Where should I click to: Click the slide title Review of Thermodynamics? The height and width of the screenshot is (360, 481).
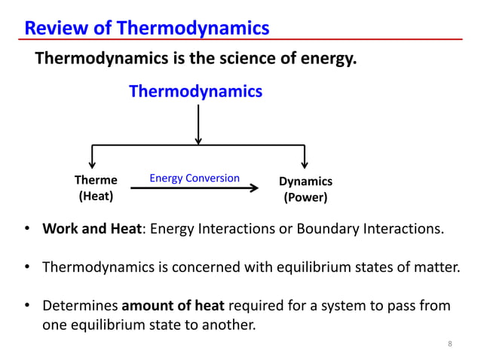coord(147,28)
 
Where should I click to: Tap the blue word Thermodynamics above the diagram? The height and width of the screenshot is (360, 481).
coord(196,91)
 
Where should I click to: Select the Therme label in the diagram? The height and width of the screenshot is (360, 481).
coord(96,181)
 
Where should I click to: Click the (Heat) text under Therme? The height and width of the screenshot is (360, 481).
coord(96,197)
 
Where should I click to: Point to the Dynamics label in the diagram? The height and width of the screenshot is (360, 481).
coord(305,182)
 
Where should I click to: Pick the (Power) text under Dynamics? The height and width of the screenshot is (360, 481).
coord(305,199)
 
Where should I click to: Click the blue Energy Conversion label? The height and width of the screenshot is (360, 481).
coord(195,178)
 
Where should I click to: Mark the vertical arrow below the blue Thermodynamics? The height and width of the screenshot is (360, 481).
coord(198,124)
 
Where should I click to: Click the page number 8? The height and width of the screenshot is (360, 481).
coord(450,344)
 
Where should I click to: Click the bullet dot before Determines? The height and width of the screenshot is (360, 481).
coord(27,307)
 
